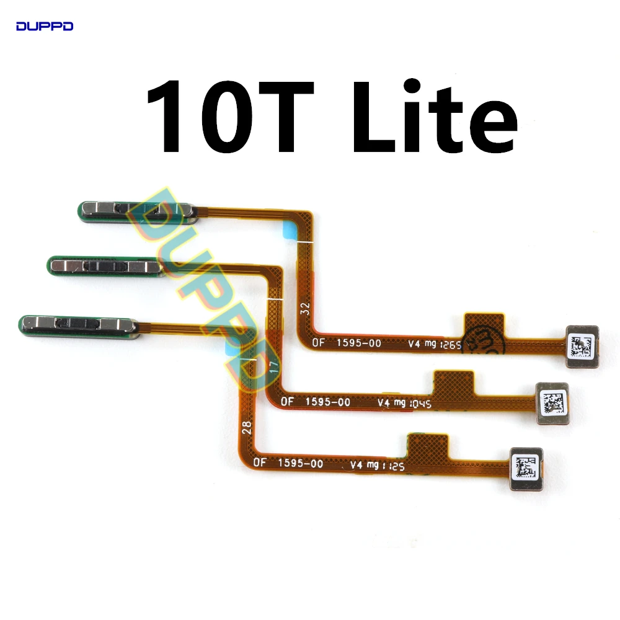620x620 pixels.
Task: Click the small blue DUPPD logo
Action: (x=45, y=26)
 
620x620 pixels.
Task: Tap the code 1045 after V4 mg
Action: (x=420, y=404)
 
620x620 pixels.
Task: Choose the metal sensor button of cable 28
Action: (x=78, y=324)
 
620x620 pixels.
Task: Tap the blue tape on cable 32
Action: (x=290, y=228)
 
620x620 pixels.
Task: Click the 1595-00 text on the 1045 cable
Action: (x=327, y=402)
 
